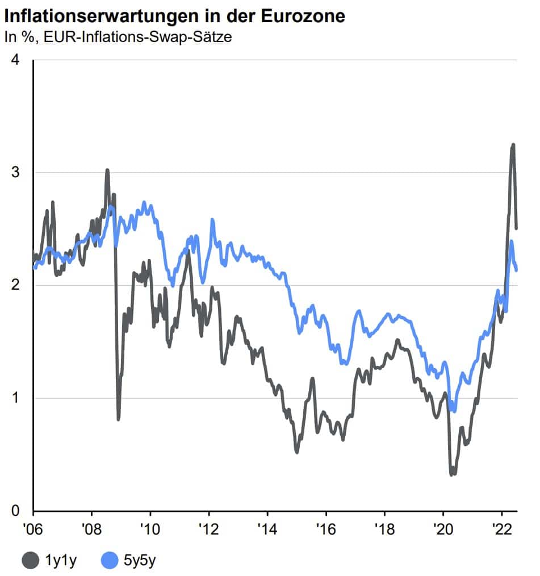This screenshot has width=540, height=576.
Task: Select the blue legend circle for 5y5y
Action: (110, 561)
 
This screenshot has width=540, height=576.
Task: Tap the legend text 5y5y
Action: (139, 561)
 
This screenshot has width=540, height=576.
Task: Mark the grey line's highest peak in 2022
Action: (513, 145)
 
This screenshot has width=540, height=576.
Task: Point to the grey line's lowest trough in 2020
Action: (452, 474)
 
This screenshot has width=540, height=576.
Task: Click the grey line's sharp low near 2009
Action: (118, 419)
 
